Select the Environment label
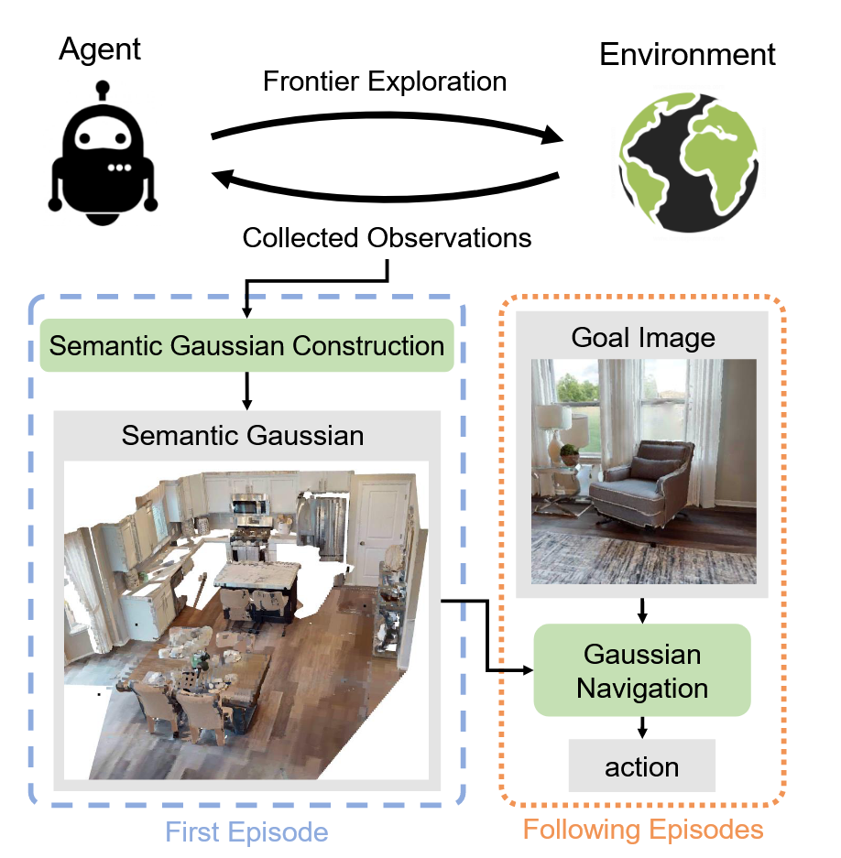point(687,54)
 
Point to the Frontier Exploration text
point(385,81)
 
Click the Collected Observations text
point(387,238)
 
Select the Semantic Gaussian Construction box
point(246,345)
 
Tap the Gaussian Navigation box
point(641,670)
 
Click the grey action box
point(641,766)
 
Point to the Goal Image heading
point(642,338)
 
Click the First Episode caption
point(246,831)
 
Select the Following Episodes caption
point(642,830)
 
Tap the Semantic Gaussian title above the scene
point(243,436)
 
